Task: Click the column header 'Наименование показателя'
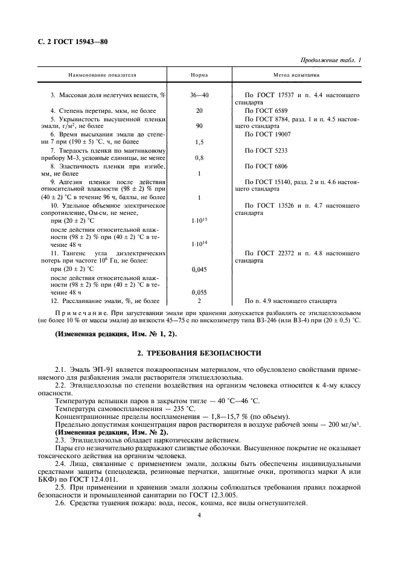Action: (102, 75)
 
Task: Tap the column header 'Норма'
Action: (199, 75)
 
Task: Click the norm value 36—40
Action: (199, 95)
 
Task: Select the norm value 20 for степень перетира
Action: (199, 111)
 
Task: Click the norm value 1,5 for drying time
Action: (199, 142)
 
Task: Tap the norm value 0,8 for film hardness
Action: (199, 158)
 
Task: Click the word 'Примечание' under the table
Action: (77, 313)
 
